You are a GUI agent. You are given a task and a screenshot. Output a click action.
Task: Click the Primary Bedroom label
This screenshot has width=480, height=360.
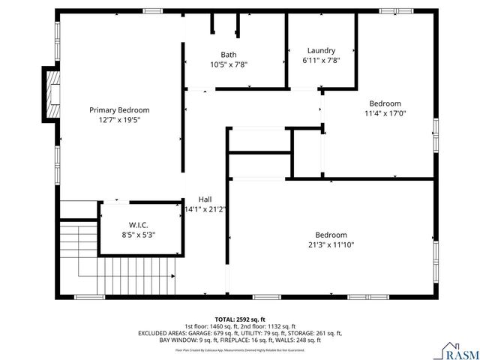click(x=119, y=109)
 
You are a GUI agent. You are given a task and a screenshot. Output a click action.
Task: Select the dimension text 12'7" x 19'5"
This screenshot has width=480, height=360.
click(x=119, y=119)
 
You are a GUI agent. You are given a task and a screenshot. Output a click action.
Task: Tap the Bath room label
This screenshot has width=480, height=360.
click(x=229, y=55)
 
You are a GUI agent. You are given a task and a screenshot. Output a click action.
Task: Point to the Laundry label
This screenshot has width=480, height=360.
click(x=321, y=50)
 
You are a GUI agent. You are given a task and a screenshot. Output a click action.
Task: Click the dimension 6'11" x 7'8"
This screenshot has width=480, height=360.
click(x=321, y=60)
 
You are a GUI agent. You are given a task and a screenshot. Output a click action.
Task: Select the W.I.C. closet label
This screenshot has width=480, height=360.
click(x=139, y=224)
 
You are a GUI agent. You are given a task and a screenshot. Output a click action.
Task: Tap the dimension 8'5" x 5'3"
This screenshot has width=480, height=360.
click(x=139, y=234)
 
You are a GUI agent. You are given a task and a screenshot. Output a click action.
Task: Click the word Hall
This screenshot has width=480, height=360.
click(x=205, y=199)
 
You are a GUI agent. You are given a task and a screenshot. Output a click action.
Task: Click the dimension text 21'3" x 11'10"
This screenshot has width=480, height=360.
click(x=331, y=244)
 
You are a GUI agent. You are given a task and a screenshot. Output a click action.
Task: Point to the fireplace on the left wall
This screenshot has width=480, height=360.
click(x=51, y=93)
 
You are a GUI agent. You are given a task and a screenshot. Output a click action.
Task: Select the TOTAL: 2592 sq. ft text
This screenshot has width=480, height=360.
click(x=239, y=319)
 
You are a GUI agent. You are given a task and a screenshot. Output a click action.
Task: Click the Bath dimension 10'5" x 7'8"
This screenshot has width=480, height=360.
click(x=229, y=64)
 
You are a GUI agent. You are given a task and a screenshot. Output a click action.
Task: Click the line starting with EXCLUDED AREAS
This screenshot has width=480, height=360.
click(x=239, y=333)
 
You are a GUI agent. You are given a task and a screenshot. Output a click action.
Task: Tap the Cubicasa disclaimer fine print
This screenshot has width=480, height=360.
click(x=239, y=349)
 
